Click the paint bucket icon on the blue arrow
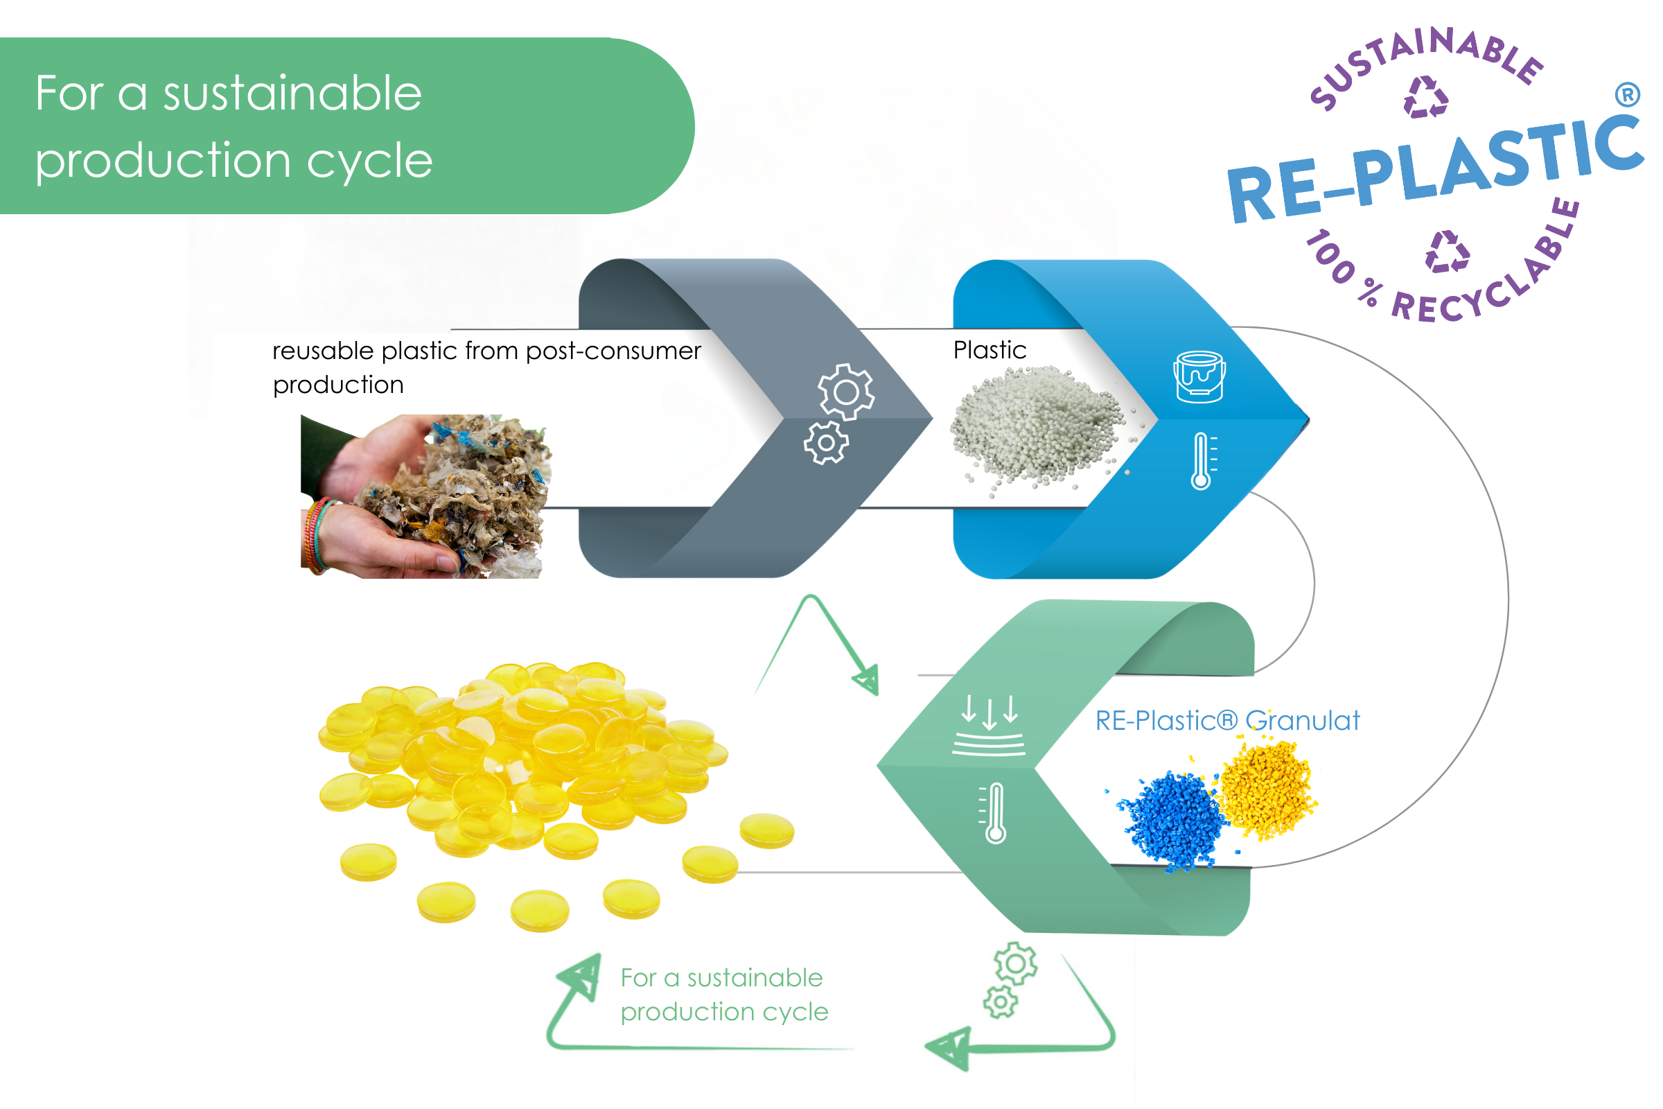pos(1199,377)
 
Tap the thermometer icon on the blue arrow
pos(1202,461)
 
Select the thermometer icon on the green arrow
pos(994,812)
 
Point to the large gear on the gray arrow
pos(845,391)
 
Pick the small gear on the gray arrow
pos(826,443)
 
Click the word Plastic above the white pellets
pos(989,350)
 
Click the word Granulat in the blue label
pos(1303,721)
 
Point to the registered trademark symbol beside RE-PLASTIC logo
pos(1627,94)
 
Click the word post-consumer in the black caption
pos(613,351)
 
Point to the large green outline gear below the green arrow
pos(1015,963)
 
